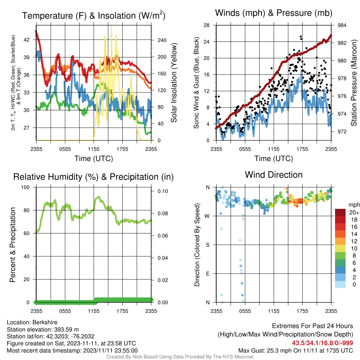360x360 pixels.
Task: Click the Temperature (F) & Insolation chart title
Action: coord(94,15)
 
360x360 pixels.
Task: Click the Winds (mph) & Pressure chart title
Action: coord(274,13)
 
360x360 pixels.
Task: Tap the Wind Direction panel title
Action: coord(274,175)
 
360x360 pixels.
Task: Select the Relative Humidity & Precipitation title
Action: coord(94,177)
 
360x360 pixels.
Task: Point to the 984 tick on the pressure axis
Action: coord(342,25)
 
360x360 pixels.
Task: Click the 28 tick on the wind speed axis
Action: coord(206,25)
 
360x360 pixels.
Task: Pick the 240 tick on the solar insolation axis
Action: coord(162,40)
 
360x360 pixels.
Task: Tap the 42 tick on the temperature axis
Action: coord(27,40)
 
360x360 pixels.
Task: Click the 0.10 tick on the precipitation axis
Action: coord(163,191)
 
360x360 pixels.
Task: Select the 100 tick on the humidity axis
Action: coord(25,187)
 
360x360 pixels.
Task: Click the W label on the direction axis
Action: coord(207,216)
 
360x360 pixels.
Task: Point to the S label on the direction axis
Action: coord(208,245)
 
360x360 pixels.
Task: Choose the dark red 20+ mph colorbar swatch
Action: coord(340,212)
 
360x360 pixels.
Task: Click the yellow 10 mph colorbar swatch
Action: coord(340,249)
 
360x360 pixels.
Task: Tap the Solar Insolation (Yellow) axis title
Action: coord(174,83)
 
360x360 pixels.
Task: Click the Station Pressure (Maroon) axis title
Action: coord(354,83)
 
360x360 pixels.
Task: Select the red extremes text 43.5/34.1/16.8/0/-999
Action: coord(322,343)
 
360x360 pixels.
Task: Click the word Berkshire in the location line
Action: coord(45,322)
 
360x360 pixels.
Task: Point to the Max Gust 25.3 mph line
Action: coord(296,351)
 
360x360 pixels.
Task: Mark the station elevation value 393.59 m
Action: coord(66,329)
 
